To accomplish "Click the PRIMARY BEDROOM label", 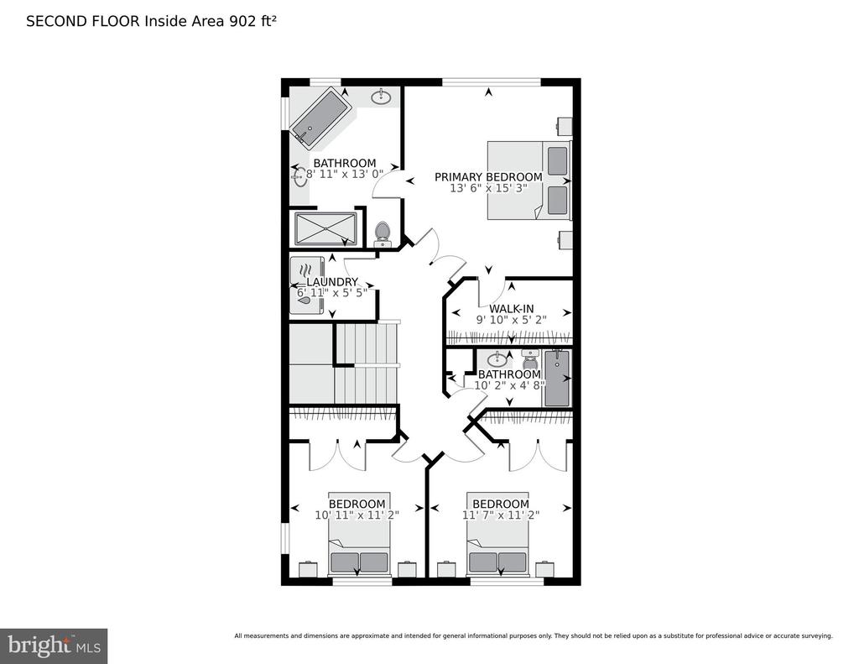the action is coord(488,177).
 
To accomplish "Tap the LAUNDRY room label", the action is coord(332,282).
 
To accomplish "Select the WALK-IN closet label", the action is coord(511,309).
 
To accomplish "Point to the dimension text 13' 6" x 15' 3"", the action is coord(488,188).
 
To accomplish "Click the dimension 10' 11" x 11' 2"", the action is coord(357,515).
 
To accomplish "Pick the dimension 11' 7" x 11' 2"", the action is coord(501,515).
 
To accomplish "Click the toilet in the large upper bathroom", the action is coord(382,234).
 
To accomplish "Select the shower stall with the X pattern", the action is coord(325,228).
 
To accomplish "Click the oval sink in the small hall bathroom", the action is coord(497,359).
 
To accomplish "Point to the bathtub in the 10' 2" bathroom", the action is coord(557,379).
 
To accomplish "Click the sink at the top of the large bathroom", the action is coord(381,97).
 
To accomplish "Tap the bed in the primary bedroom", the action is coord(529,180).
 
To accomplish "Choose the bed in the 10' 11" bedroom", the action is coord(359,533).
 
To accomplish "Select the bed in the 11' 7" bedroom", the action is coord(497,533).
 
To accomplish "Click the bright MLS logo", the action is coord(54,646).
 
